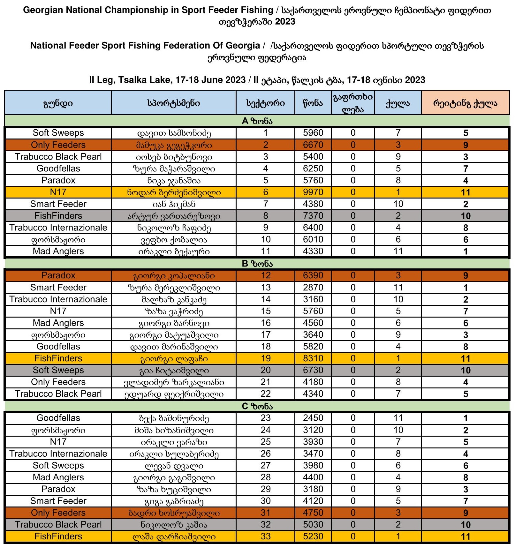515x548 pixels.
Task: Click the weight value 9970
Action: [313, 192]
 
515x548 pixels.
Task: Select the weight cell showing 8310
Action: [313, 358]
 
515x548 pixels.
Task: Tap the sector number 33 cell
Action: [265, 536]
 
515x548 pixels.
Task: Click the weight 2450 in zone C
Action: [313, 418]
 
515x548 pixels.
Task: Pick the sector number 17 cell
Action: [265, 335]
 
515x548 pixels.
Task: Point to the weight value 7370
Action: [313, 216]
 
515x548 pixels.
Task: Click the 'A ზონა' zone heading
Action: [257, 121]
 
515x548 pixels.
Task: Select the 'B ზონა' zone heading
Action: [257, 264]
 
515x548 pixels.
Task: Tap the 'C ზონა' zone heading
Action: [257, 406]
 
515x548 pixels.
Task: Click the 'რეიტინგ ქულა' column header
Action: [465, 103]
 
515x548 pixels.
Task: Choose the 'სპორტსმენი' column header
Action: [174, 103]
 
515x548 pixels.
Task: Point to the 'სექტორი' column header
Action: [265, 103]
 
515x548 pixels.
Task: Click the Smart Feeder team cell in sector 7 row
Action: [58, 204]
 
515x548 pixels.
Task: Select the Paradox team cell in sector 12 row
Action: [58, 275]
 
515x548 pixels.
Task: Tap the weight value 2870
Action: [313, 288]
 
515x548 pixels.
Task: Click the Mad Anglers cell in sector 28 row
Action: [58, 477]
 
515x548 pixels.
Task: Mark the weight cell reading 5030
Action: [313, 524]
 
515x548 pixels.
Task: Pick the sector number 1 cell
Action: [265, 133]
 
